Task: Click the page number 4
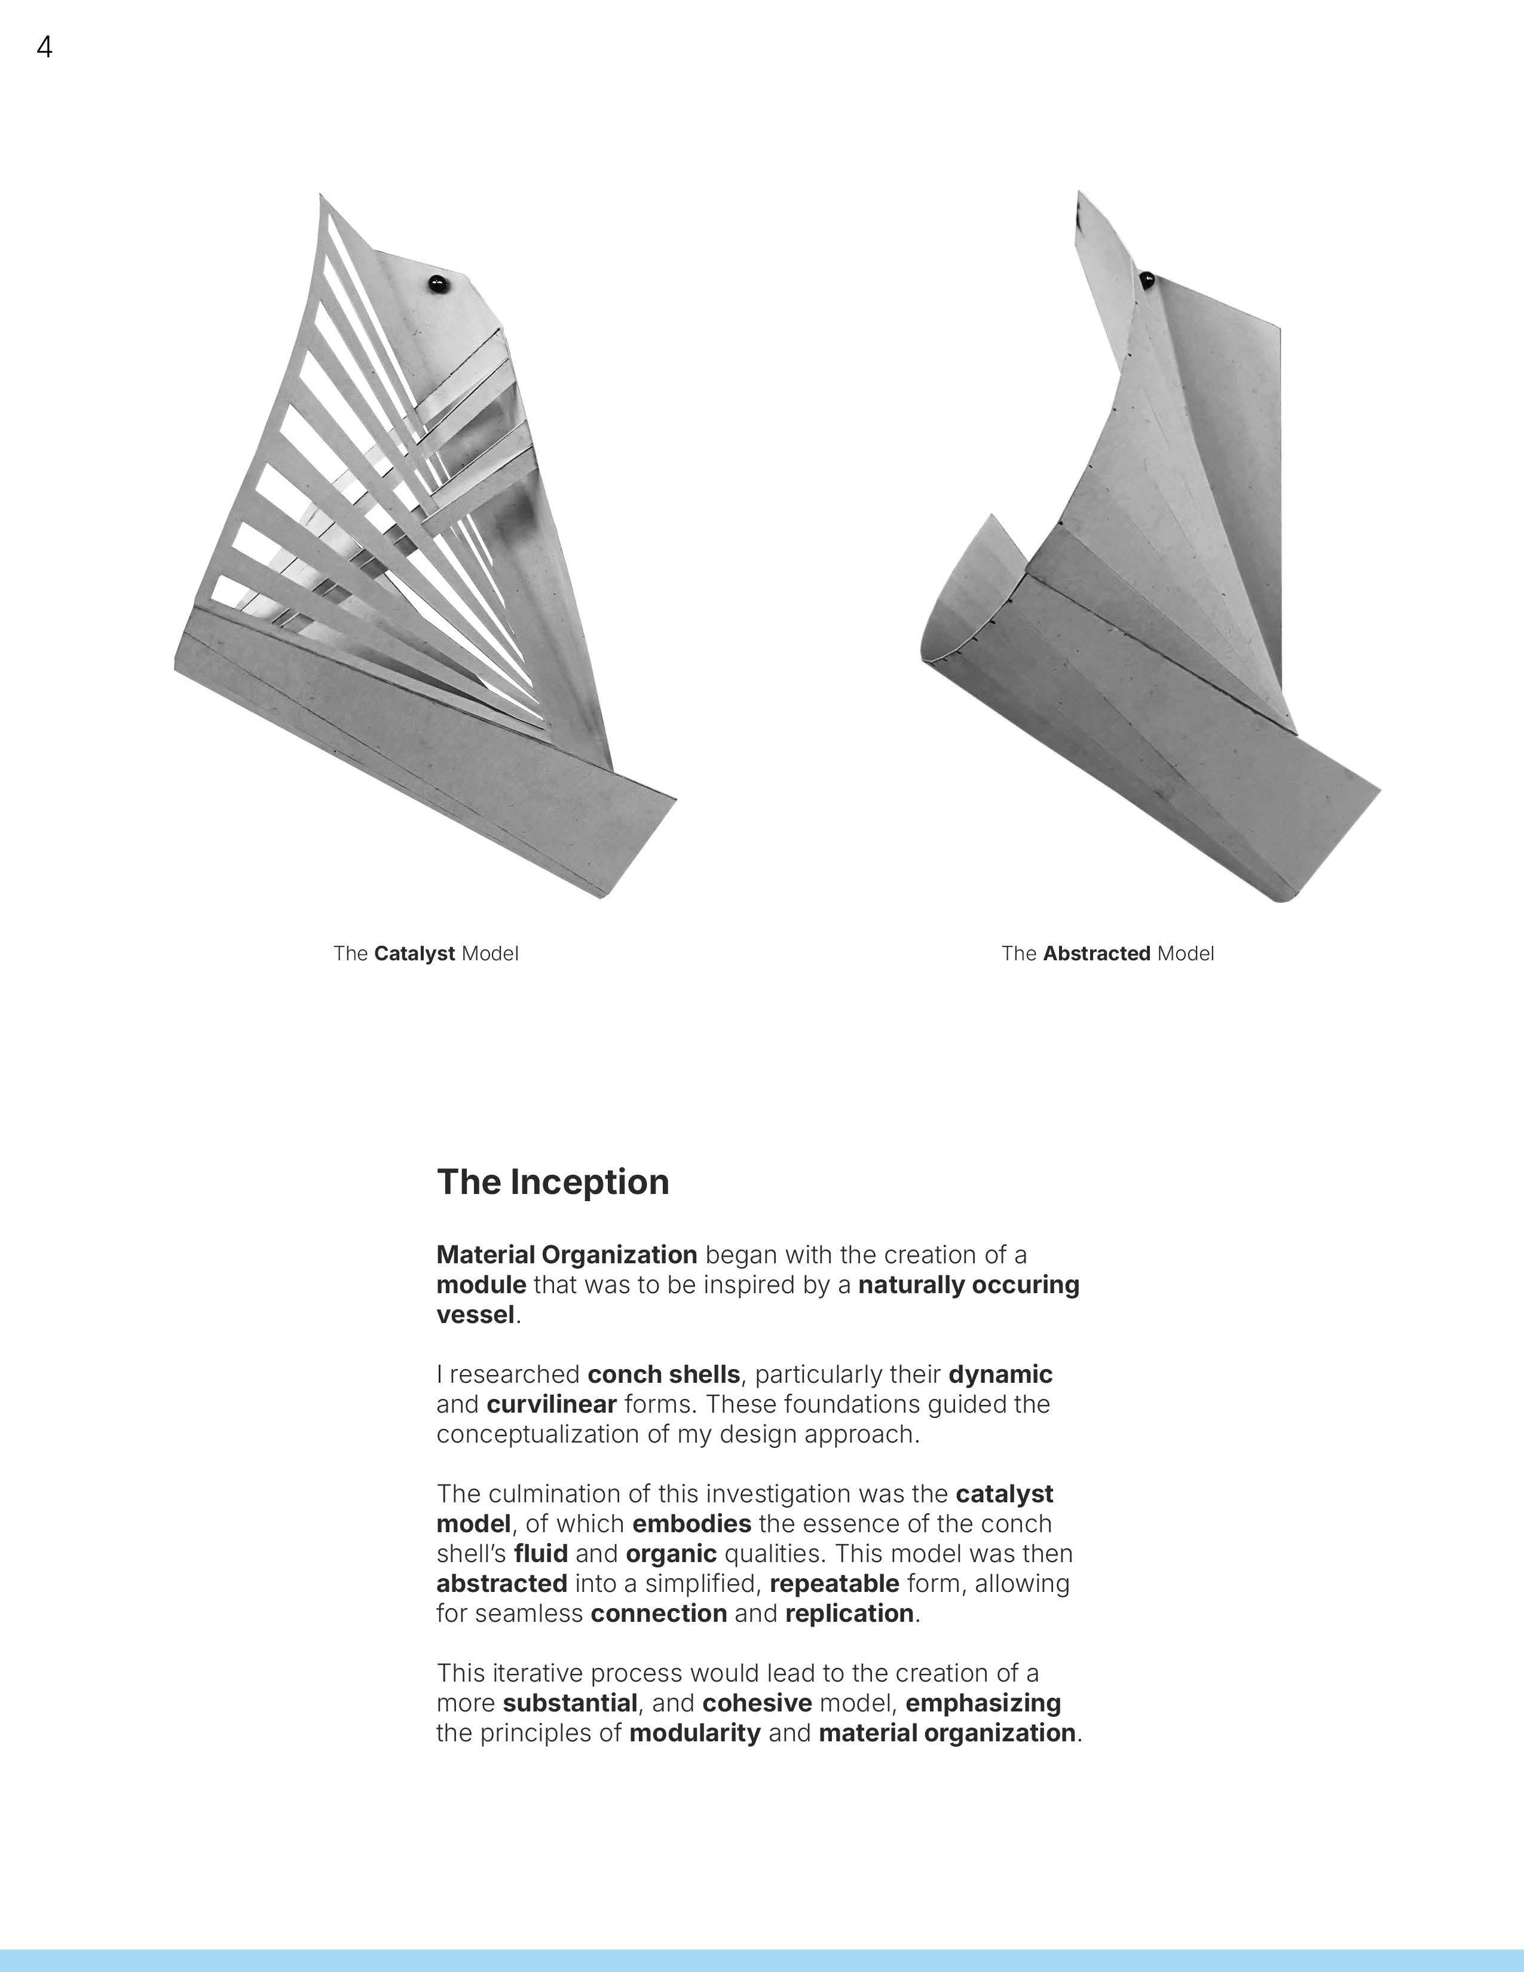click(x=44, y=47)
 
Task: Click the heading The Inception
click(x=553, y=1182)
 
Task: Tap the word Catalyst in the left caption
click(x=414, y=954)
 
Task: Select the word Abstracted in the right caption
click(x=1096, y=954)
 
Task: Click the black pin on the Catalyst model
click(x=438, y=283)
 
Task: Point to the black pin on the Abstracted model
click(x=1147, y=279)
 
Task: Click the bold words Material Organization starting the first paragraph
click(x=566, y=1255)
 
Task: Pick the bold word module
click(x=481, y=1285)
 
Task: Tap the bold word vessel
click(x=475, y=1315)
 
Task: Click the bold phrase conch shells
click(x=663, y=1374)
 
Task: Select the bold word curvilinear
click(x=551, y=1404)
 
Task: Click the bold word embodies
click(x=691, y=1524)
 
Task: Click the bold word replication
click(x=849, y=1613)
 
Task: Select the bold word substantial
click(x=570, y=1703)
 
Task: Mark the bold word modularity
click(x=694, y=1733)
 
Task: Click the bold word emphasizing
click(x=983, y=1703)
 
